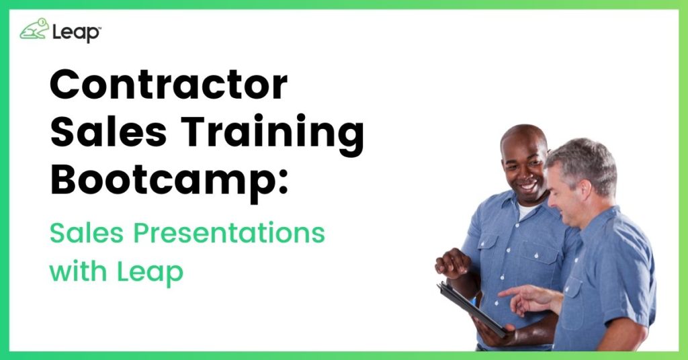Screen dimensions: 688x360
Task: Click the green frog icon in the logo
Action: [x=34, y=29]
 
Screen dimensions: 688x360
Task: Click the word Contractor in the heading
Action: [x=169, y=85]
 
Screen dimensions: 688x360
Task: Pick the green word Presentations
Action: [x=229, y=234]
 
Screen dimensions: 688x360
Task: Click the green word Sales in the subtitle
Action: [x=87, y=232]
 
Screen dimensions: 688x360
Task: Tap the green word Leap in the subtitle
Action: [x=150, y=272]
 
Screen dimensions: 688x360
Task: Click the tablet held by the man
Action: [x=472, y=309]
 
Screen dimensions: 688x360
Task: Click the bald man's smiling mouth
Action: [x=529, y=186]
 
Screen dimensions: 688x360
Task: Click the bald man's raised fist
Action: [x=452, y=263]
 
